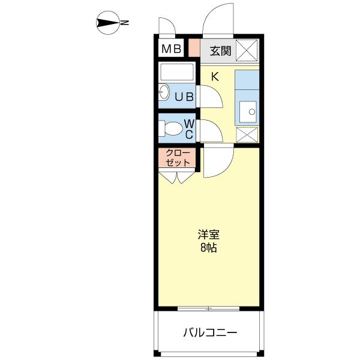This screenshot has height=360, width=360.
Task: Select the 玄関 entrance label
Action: [221, 50]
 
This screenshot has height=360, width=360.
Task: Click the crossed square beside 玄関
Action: [247, 50]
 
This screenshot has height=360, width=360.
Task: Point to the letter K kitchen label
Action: [214, 76]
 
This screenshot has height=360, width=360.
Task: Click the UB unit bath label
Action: [184, 95]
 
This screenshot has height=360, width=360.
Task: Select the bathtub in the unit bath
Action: [177, 73]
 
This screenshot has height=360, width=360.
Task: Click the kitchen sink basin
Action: [247, 111]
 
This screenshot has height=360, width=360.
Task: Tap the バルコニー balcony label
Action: [210, 332]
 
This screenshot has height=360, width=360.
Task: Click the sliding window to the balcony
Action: [209, 309]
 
